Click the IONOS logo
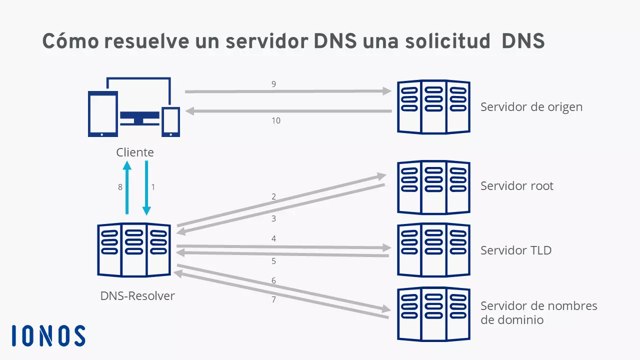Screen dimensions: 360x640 [48, 335]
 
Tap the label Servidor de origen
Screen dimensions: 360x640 [531, 106]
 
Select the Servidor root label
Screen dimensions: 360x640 [517, 186]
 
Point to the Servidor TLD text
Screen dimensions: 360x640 [516, 250]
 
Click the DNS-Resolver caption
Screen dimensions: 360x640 [137, 295]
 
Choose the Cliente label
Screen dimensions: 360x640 [135, 152]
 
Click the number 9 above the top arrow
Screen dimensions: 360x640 [273, 84]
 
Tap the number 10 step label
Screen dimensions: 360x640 [276, 120]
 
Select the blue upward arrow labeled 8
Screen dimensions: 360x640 [127, 187]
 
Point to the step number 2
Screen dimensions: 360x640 [273, 196]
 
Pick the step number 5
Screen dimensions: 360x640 [273, 261]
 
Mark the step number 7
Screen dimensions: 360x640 [273, 299]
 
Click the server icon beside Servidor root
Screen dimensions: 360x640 [433, 187]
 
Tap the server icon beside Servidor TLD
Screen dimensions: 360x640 [433, 250]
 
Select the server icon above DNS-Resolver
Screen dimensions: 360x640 [134, 250]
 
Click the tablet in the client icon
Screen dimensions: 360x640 [102, 113]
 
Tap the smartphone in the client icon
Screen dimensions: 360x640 [170, 121]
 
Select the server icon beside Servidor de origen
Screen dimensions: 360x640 [433, 106]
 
